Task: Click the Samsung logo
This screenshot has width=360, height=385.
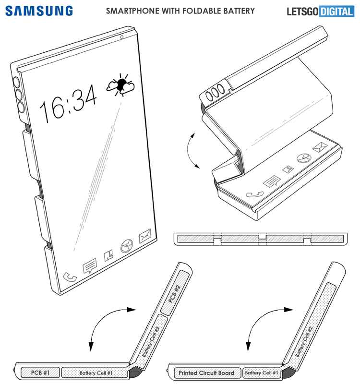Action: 39,11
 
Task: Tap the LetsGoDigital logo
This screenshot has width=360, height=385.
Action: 321,12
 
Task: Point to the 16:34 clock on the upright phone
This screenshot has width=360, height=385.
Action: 68,104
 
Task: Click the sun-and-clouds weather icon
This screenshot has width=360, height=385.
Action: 120,84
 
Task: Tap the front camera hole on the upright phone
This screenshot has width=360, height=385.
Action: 122,37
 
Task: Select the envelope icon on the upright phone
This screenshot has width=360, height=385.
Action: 145,236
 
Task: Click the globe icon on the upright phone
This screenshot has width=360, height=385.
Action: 127,246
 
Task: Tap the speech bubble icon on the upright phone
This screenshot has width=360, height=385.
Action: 90,266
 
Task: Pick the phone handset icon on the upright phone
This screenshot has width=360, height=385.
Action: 70,277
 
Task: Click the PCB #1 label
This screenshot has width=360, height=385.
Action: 40,373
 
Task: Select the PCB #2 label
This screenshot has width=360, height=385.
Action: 174,293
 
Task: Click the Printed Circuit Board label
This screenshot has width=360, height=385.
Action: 206,373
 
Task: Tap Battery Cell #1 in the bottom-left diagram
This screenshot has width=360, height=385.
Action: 96,373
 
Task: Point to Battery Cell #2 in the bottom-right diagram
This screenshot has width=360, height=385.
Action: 304,341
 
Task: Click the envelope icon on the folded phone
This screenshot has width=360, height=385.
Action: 320,147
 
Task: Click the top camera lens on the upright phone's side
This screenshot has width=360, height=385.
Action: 16,82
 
